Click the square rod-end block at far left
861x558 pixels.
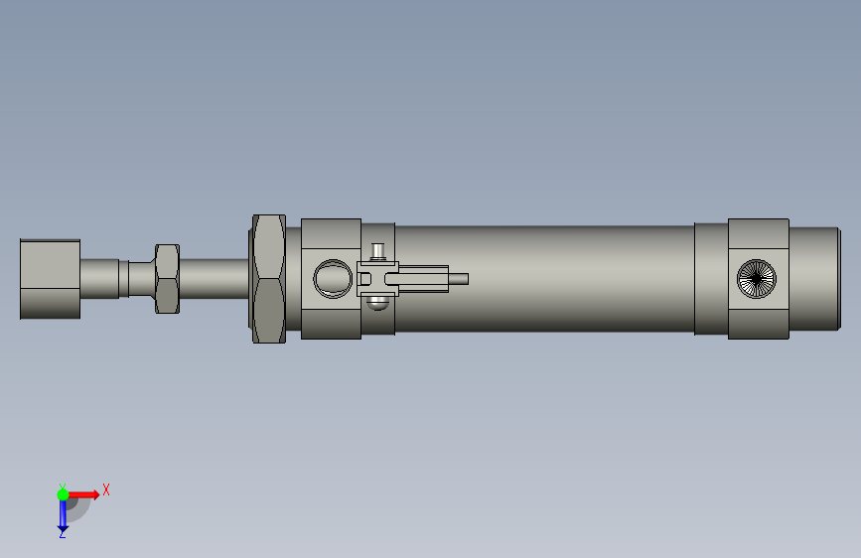pos(50,279)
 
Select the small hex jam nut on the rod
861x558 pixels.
pos(167,279)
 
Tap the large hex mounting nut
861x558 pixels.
pos(268,279)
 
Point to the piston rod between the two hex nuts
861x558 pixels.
pos(215,279)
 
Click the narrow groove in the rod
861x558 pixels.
pos(123,279)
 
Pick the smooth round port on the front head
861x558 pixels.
pos(333,278)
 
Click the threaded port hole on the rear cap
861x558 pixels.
pos(757,279)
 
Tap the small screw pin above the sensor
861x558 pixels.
pos(377,251)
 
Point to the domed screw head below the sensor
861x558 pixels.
pos(377,303)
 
